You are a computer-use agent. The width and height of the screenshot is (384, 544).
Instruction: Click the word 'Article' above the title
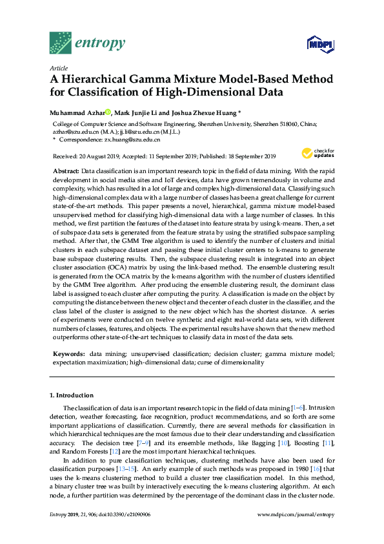click(x=58, y=67)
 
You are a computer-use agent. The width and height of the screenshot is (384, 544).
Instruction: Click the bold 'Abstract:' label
click(x=66, y=169)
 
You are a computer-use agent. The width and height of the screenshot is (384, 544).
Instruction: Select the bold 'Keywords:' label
click(x=68, y=354)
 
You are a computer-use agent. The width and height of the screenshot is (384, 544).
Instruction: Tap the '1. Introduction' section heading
click(x=72, y=395)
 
